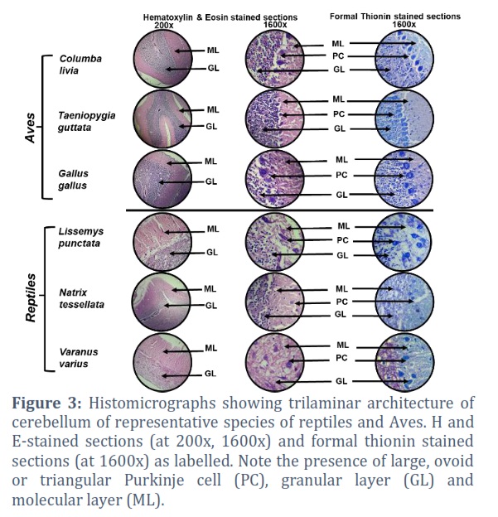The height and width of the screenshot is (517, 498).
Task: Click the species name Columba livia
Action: point(80,65)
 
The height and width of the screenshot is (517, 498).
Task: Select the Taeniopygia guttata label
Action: point(87,121)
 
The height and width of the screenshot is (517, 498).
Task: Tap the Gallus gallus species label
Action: point(73,179)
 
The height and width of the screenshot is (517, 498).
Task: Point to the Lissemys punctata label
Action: point(81,238)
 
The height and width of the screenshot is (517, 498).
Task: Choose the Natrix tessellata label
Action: point(81,298)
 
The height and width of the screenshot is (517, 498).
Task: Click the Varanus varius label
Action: point(79,358)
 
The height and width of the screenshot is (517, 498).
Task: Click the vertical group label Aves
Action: point(30,128)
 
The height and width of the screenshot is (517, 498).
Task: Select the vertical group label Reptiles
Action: point(31,297)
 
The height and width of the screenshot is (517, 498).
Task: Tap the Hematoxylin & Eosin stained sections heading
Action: point(220,17)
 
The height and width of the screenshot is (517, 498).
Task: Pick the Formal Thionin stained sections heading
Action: point(395,17)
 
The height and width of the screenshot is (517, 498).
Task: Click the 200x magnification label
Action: point(163,25)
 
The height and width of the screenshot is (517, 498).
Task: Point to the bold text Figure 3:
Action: point(47,403)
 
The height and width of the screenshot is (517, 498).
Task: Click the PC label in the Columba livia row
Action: point(338,56)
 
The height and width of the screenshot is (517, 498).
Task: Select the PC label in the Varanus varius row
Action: point(341,358)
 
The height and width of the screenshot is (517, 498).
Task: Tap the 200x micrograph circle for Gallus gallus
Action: point(162,179)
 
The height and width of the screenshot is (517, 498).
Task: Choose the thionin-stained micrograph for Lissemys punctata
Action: point(402,242)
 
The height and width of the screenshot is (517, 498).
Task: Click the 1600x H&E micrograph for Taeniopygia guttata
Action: point(275,118)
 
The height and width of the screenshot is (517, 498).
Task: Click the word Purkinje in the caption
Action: point(154,481)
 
